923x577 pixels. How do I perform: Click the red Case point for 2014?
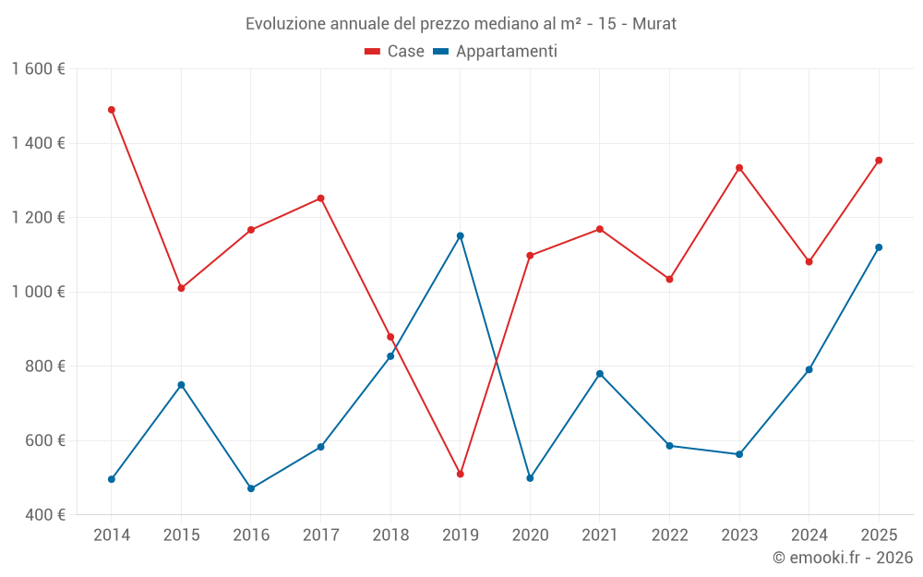(x=112, y=110)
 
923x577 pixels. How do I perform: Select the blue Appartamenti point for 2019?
(x=460, y=235)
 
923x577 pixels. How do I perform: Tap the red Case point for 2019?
(x=460, y=474)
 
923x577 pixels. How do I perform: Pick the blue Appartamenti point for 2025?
(x=879, y=247)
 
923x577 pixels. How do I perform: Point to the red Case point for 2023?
(x=739, y=168)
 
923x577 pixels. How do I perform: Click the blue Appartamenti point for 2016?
(x=251, y=488)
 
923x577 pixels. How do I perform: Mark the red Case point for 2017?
(x=320, y=198)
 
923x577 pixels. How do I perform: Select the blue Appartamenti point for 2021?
(x=600, y=374)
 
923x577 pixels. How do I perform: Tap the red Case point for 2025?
(x=879, y=161)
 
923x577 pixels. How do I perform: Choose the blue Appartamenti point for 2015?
(x=181, y=385)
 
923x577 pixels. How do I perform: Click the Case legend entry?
(x=394, y=52)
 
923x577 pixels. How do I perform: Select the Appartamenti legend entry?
(x=496, y=52)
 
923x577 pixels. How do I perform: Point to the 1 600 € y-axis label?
(x=39, y=69)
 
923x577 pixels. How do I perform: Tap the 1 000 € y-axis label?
(x=39, y=292)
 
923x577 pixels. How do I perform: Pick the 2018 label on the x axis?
(x=390, y=535)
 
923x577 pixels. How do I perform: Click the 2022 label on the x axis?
(x=669, y=535)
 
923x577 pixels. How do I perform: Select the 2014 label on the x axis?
(x=112, y=535)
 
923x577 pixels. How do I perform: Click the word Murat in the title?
(x=654, y=24)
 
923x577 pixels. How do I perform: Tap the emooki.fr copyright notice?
(x=842, y=558)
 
